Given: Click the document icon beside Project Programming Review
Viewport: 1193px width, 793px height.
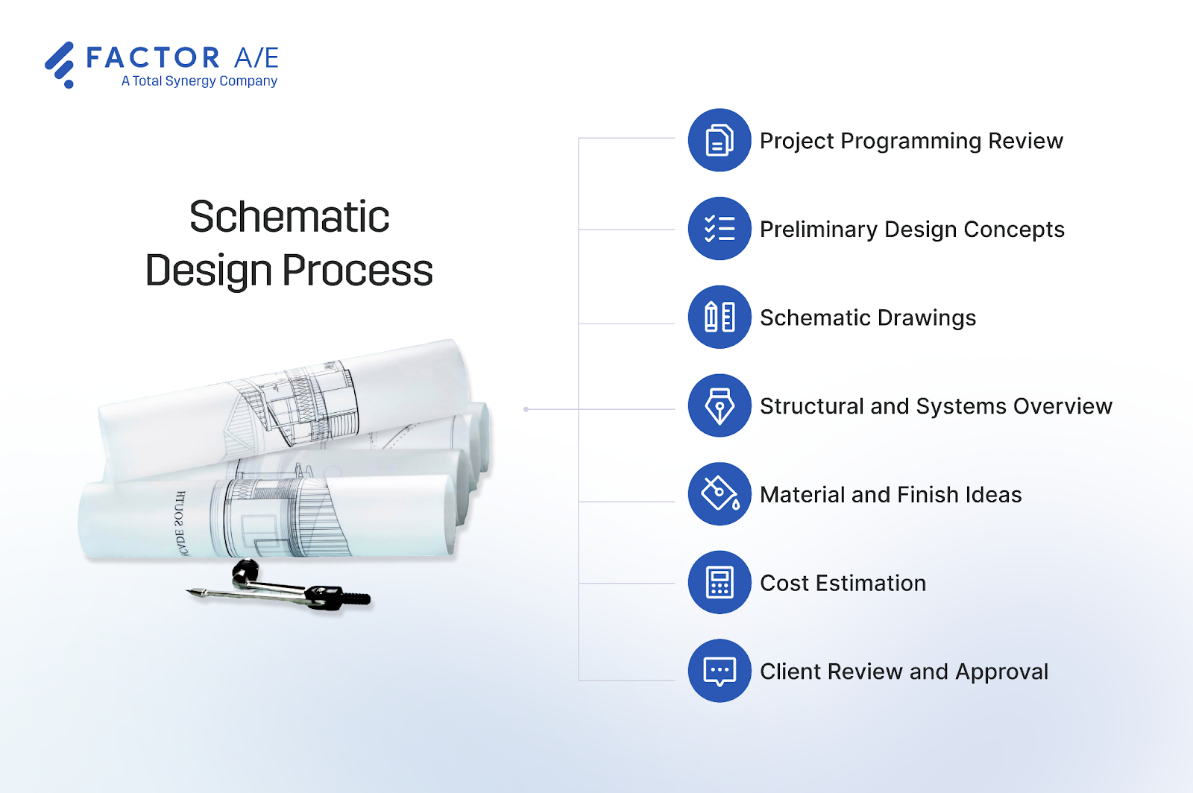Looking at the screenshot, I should pos(719,140).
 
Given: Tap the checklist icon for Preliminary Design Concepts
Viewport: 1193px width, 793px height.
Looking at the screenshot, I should pos(719,229).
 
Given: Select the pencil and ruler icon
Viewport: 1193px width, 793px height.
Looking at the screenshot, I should pos(719,317).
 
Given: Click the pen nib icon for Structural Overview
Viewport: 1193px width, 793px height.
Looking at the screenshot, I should pos(719,405).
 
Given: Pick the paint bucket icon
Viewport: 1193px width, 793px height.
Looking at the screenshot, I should pos(719,493).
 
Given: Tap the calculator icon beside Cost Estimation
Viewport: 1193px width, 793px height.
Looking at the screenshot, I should pos(719,582).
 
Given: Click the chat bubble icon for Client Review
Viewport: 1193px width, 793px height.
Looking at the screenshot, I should pos(719,671).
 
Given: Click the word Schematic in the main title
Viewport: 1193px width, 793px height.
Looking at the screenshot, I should pos(289,217).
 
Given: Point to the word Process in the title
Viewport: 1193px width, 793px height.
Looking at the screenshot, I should pos(357,271).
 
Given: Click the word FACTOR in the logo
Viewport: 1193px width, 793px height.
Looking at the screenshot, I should pos(153,57).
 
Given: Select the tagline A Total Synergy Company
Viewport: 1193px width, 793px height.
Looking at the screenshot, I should pos(199,81).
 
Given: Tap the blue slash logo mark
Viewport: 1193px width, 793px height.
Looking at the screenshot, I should pos(60,64).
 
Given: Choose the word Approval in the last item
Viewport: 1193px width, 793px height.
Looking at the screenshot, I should pos(1001,672).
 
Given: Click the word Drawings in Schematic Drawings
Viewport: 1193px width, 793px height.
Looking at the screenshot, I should pos(926,318).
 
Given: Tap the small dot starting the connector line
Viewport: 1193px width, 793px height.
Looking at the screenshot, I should pos(526,409).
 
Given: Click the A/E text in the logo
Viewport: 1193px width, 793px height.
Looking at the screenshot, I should pos(256,57).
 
